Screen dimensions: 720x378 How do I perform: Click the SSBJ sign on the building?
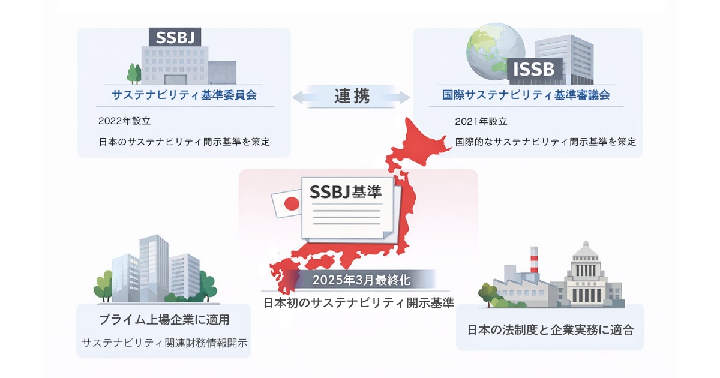pos(175,37)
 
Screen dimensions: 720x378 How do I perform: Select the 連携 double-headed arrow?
pos(351,96)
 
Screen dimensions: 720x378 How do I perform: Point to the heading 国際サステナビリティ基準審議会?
pos(526,95)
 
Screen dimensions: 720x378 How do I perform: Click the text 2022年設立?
pos(124,121)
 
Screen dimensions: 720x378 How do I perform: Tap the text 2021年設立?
pos(481,121)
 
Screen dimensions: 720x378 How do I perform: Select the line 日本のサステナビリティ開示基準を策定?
pos(184,142)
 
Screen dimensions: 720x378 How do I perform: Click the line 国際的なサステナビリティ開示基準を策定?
pos(545,142)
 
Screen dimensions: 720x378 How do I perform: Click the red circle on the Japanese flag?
pos(292,204)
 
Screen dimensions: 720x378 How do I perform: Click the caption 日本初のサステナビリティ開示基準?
pos(358,302)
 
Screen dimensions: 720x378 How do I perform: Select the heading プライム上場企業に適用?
pos(164,319)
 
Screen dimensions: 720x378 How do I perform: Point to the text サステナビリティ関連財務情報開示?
pos(164,343)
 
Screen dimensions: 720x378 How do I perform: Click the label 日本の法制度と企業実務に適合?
pos(550,329)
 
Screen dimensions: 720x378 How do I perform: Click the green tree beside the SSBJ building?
pos(134,73)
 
